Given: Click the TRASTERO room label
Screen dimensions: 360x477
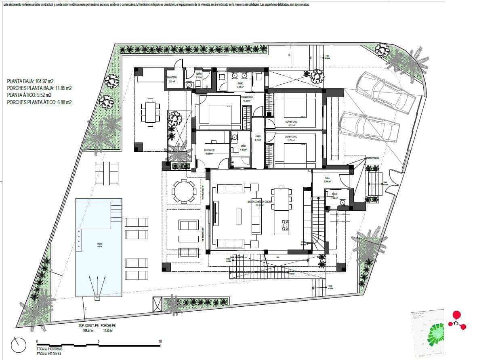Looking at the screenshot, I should [x=172, y=77].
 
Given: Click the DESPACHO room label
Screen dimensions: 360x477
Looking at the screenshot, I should [x=210, y=150].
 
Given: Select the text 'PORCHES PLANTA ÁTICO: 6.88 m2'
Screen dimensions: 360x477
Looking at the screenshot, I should [x=39, y=103].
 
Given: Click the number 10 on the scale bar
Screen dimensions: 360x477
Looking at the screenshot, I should [x=160, y=341].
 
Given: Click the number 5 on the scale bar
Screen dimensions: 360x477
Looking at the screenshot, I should [x=99, y=341].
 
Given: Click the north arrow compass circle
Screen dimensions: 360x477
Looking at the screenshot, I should [x=19, y=345].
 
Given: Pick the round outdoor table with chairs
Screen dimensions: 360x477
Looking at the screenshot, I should [x=184, y=191].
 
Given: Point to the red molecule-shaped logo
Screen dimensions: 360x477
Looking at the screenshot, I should [x=457, y=320].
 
